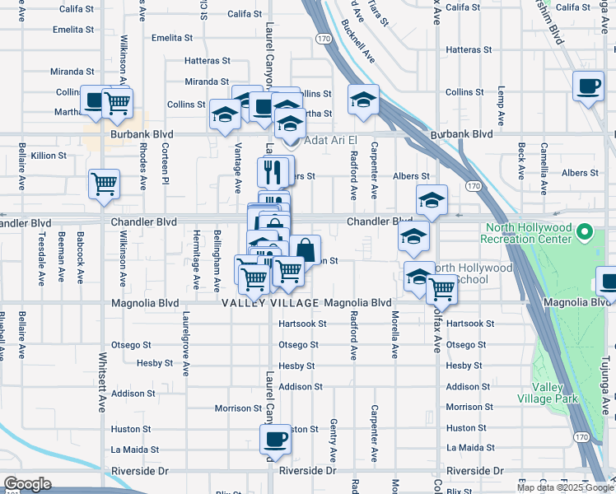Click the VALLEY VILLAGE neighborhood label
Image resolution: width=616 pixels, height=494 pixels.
[271, 303]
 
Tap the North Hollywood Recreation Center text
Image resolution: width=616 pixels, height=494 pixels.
[528, 233]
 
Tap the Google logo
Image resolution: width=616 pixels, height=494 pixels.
[26, 484]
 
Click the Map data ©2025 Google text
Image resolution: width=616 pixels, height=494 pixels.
[565, 487]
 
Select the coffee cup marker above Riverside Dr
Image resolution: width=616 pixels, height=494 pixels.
[275, 438]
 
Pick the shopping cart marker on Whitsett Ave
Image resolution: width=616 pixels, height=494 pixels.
[105, 184]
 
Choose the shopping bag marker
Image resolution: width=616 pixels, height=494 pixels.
[305, 249]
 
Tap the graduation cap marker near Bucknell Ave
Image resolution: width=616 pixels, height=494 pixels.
[362, 100]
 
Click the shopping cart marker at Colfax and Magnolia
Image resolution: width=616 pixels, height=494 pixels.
[442, 289]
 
